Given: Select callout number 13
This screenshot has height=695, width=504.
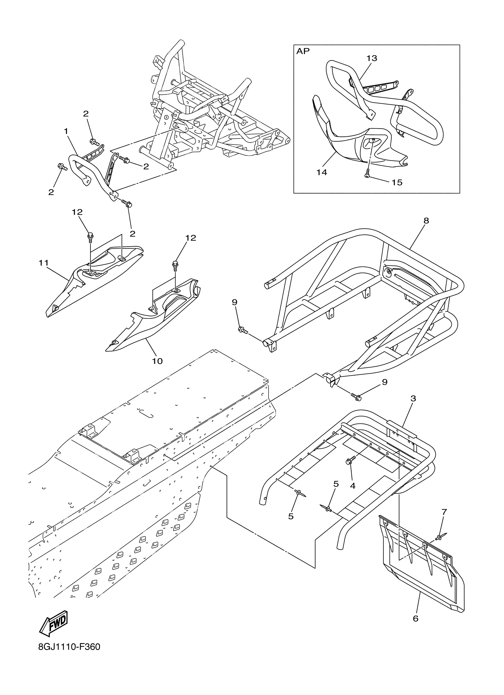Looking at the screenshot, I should point(371,58).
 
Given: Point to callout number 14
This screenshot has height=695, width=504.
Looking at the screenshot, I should point(322,173).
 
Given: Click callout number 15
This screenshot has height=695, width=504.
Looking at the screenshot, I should point(397,182).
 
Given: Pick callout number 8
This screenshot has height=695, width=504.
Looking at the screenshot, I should point(426,221).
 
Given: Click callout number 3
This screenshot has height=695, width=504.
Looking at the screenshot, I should point(413,399).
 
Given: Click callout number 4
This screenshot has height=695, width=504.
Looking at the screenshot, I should point(353,486).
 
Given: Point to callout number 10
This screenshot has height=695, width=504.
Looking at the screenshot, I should point(157,361).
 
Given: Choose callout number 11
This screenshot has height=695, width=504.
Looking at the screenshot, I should point(44,263).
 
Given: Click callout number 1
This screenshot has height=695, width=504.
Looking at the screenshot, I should point(66,131).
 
